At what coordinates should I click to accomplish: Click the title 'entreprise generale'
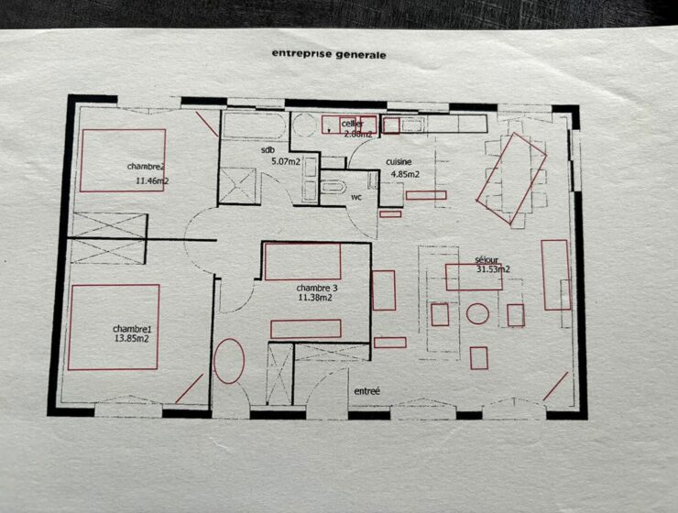click(329, 54)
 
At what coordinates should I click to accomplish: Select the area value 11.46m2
click(152, 180)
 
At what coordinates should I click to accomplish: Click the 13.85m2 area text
click(131, 339)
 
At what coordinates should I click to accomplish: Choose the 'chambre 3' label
click(316, 288)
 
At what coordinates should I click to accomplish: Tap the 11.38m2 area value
click(315, 298)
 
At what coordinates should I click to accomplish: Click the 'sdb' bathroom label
click(268, 150)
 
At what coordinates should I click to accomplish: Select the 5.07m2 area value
click(286, 162)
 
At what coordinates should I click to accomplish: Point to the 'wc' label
click(356, 198)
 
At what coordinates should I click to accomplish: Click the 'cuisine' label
click(399, 161)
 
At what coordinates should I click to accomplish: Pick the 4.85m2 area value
click(405, 175)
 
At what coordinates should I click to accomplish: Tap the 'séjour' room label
click(487, 260)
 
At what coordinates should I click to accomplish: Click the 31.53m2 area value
click(493, 269)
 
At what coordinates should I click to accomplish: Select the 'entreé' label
click(366, 391)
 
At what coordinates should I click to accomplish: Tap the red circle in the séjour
click(477, 304)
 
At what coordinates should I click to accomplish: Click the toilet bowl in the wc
click(334, 187)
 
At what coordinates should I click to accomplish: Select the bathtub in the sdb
click(254, 126)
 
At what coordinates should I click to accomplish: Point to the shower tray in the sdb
click(237, 186)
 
